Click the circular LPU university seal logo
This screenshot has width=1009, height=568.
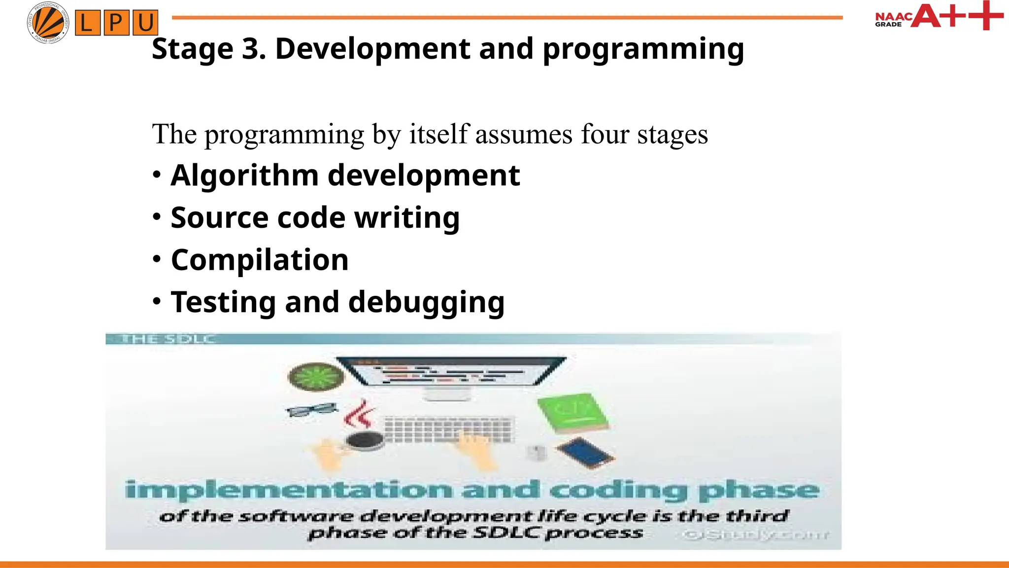click(48, 23)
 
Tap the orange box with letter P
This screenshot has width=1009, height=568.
click(116, 23)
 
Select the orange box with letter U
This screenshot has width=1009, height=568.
click(145, 23)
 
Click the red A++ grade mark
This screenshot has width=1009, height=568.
click(956, 16)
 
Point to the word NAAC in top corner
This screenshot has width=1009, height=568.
click(893, 16)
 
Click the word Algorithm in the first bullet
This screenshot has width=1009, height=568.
click(244, 176)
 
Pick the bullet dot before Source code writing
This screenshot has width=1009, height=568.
click(157, 216)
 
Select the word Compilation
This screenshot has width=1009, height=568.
click(260, 260)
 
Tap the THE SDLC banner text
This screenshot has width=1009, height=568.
click(168, 339)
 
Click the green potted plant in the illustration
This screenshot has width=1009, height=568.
click(315, 377)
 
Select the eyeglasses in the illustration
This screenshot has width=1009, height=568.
click(311, 410)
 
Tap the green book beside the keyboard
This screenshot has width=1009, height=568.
click(572, 413)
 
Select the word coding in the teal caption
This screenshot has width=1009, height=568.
click(618, 490)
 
